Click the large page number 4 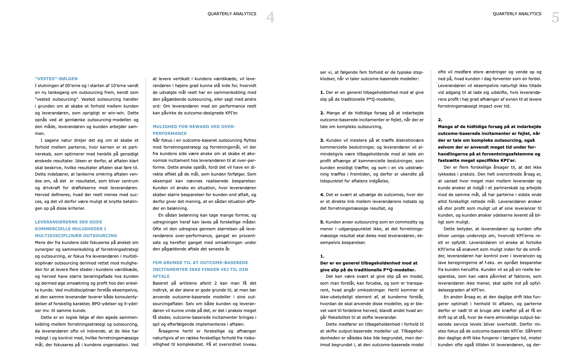pos(270,17)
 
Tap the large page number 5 pos(555,17)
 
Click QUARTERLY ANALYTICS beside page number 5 pos(517,14)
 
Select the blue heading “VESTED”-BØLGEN pos(56,79)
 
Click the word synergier pos(45,249)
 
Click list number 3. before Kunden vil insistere pos(322,140)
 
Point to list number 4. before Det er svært pos(322,195)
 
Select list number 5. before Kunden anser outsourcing pos(322,222)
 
